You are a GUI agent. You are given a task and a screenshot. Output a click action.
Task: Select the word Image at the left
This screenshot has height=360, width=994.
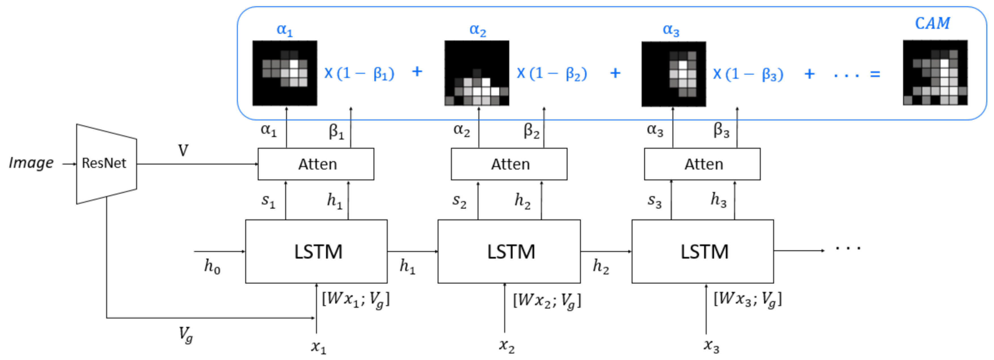pos(31,163)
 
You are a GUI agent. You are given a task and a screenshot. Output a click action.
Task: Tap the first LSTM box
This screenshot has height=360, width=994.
pos(316,252)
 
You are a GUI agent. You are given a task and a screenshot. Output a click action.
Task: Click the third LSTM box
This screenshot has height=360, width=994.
pos(702,252)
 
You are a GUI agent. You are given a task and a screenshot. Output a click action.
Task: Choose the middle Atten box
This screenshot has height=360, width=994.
pos(509,164)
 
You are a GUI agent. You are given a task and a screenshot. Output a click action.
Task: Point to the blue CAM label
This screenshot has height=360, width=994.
pos(932,24)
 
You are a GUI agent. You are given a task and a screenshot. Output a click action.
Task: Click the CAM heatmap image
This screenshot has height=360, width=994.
pos(935,73)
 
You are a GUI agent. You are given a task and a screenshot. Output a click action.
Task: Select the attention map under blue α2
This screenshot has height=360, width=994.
pos(477,73)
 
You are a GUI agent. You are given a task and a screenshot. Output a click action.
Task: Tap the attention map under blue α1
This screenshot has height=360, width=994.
pos(285,73)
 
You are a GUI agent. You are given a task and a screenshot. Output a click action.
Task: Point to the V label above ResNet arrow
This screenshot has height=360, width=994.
pos(183,151)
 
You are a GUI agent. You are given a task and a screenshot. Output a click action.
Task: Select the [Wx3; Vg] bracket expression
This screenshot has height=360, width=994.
pos(747,299)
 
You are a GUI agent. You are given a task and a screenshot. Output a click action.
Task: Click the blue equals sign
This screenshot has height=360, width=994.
pos(875,74)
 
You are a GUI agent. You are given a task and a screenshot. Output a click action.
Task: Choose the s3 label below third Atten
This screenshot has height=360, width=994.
pos(654,201)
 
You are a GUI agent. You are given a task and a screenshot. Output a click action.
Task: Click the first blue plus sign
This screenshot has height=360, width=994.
pos(417,72)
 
